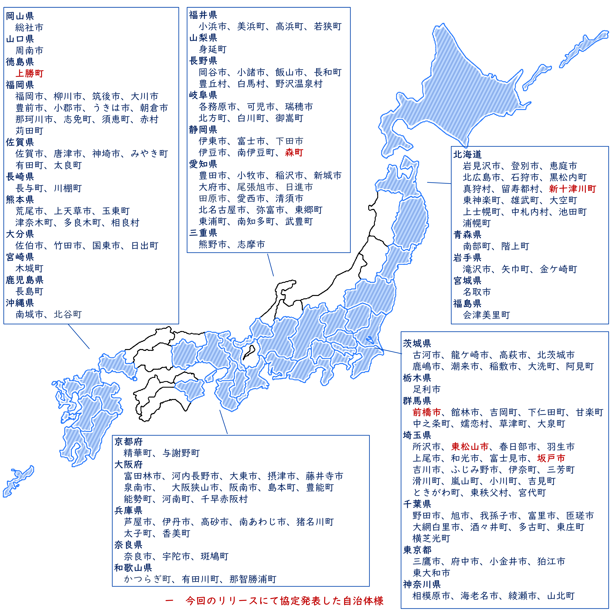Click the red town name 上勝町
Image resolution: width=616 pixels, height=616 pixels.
pyautogui.click(x=29, y=73)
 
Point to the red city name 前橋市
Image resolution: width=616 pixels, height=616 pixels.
pyautogui.click(x=427, y=412)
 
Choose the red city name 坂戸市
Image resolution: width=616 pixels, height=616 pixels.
pyautogui.click(x=551, y=458)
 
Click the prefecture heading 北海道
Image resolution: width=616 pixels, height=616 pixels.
pyautogui.click(x=467, y=154)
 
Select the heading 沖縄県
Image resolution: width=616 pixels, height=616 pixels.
pyautogui.click(x=20, y=303)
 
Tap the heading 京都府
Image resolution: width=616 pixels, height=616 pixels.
pyautogui.click(x=128, y=442)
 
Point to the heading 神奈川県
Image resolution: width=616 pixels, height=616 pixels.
pyautogui.click(x=422, y=584)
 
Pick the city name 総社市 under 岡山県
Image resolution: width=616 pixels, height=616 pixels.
pyautogui.click(x=29, y=27)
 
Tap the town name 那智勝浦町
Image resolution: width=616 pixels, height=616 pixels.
pyautogui.click(x=253, y=579)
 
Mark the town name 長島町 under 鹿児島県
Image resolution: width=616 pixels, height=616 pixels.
pyautogui.click(x=29, y=291)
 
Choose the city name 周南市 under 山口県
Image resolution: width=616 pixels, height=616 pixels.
pyautogui.click(x=29, y=50)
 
